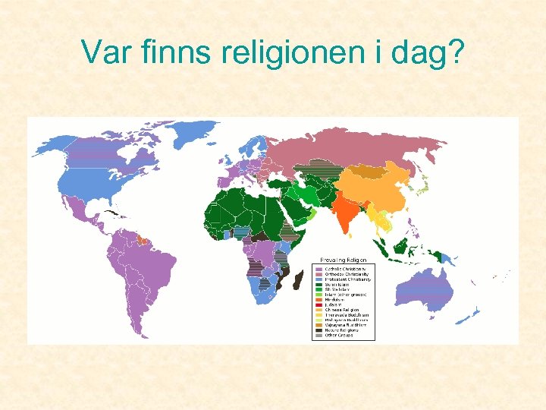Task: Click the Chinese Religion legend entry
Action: tap(341, 311)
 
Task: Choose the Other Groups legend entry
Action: tap(340, 336)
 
